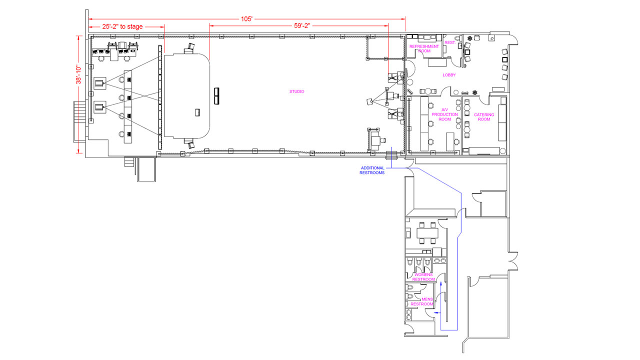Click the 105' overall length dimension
click(246, 19)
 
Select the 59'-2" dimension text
click(302, 25)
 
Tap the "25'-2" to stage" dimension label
click(122, 26)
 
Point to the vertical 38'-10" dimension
click(78, 75)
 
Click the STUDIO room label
click(296, 91)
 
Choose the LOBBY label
click(449, 75)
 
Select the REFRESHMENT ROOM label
click(424, 48)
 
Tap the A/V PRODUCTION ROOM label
click(444, 114)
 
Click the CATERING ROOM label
click(483, 117)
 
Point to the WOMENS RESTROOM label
click(423, 277)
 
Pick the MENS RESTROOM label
click(422, 301)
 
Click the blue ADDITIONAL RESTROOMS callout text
click(372, 170)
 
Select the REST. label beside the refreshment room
click(450, 42)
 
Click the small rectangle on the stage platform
click(197, 112)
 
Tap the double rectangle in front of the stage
click(217, 96)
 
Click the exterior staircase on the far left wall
click(79, 121)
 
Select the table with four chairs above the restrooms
click(427, 233)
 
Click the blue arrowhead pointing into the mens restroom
click(436, 313)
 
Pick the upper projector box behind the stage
click(100, 83)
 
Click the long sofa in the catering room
click(502, 123)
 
